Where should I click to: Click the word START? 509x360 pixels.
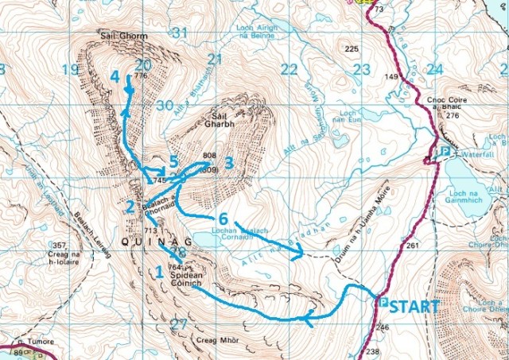415,304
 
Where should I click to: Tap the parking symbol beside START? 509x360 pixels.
383,303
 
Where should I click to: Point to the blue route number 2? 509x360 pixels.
129,207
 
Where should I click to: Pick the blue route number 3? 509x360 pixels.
228,163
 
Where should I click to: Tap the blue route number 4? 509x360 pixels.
115,77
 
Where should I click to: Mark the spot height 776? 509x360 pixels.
142,76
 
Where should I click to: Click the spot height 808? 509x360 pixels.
210,155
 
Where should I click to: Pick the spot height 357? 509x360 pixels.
58,245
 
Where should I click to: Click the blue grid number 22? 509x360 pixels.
289,69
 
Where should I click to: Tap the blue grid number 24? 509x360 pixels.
433,69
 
